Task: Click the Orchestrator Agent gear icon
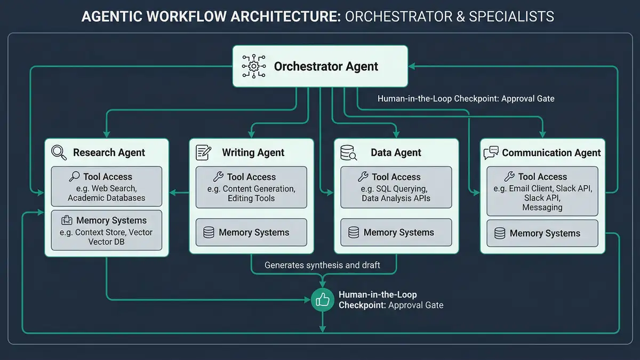253,66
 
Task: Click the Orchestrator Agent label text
326,67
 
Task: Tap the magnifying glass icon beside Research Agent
59,152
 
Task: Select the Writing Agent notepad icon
204,152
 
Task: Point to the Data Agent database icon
348,153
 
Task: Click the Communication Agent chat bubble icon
491,153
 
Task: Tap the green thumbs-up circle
322,300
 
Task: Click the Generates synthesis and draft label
322,265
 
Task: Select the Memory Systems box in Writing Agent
251,233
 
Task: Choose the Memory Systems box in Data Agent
396,233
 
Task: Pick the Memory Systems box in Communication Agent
542,234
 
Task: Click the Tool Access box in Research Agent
106,187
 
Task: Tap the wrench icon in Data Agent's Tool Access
363,177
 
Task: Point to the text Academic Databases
106,198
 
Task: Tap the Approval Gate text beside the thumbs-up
416,305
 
